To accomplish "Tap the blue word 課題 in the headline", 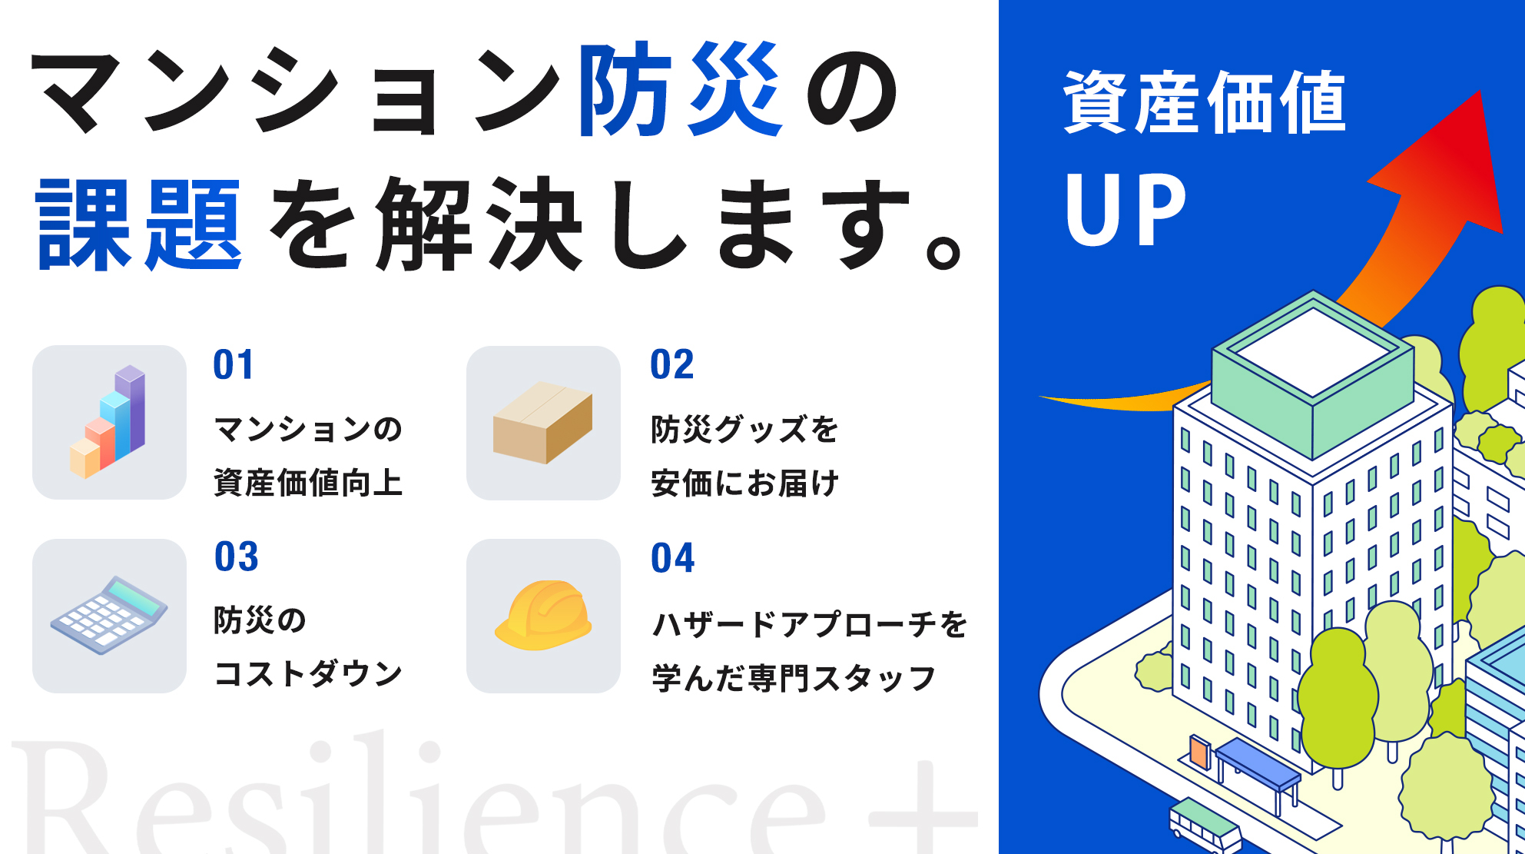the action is pos(140,224).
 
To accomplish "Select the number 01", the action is pos(234,364).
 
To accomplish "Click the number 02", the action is pos(672,364).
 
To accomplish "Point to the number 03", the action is pos(237,557).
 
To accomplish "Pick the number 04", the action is pos(673,558).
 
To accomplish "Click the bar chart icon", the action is pos(108,422).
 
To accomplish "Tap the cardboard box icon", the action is pos(543,423).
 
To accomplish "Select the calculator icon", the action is pos(109,615).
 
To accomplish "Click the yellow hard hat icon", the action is pos(543,615).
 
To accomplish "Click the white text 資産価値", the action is pos(1205,102).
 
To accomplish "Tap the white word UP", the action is pos(1126,209).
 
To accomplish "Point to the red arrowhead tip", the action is pos(1480,91).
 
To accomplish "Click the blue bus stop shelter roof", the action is pos(1257,763).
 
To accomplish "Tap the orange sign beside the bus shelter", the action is pos(1199,751).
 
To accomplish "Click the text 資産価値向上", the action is pos(308,483).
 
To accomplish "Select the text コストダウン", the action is pos(308,674).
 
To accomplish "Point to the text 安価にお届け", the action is pos(744,483).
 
